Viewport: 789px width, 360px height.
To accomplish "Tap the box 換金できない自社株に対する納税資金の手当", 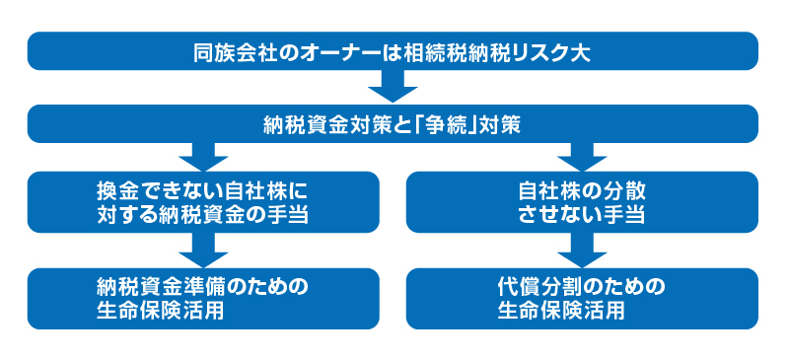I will pyautogui.click(x=203, y=201).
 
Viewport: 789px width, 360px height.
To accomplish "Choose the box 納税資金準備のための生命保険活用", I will pyautogui.click(x=203, y=298).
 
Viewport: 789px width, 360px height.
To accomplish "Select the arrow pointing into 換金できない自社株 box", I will pyautogui.click(x=203, y=158).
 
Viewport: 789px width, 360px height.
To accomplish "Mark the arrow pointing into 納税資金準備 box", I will pyautogui.click(x=203, y=252).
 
